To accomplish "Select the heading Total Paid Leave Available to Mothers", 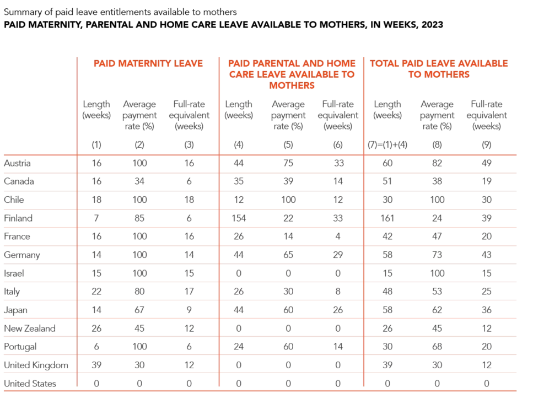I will pyautogui.click(x=440, y=69).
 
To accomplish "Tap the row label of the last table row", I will pyautogui.click(x=29, y=383).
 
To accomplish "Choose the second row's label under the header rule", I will pyautogui.click(x=19, y=181).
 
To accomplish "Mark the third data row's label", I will pyautogui.click(x=13, y=200).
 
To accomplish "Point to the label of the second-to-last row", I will pyautogui.click(x=35, y=364).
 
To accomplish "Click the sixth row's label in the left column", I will pyautogui.click(x=22, y=254).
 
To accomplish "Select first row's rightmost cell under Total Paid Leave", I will pyautogui.click(x=487, y=163).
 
